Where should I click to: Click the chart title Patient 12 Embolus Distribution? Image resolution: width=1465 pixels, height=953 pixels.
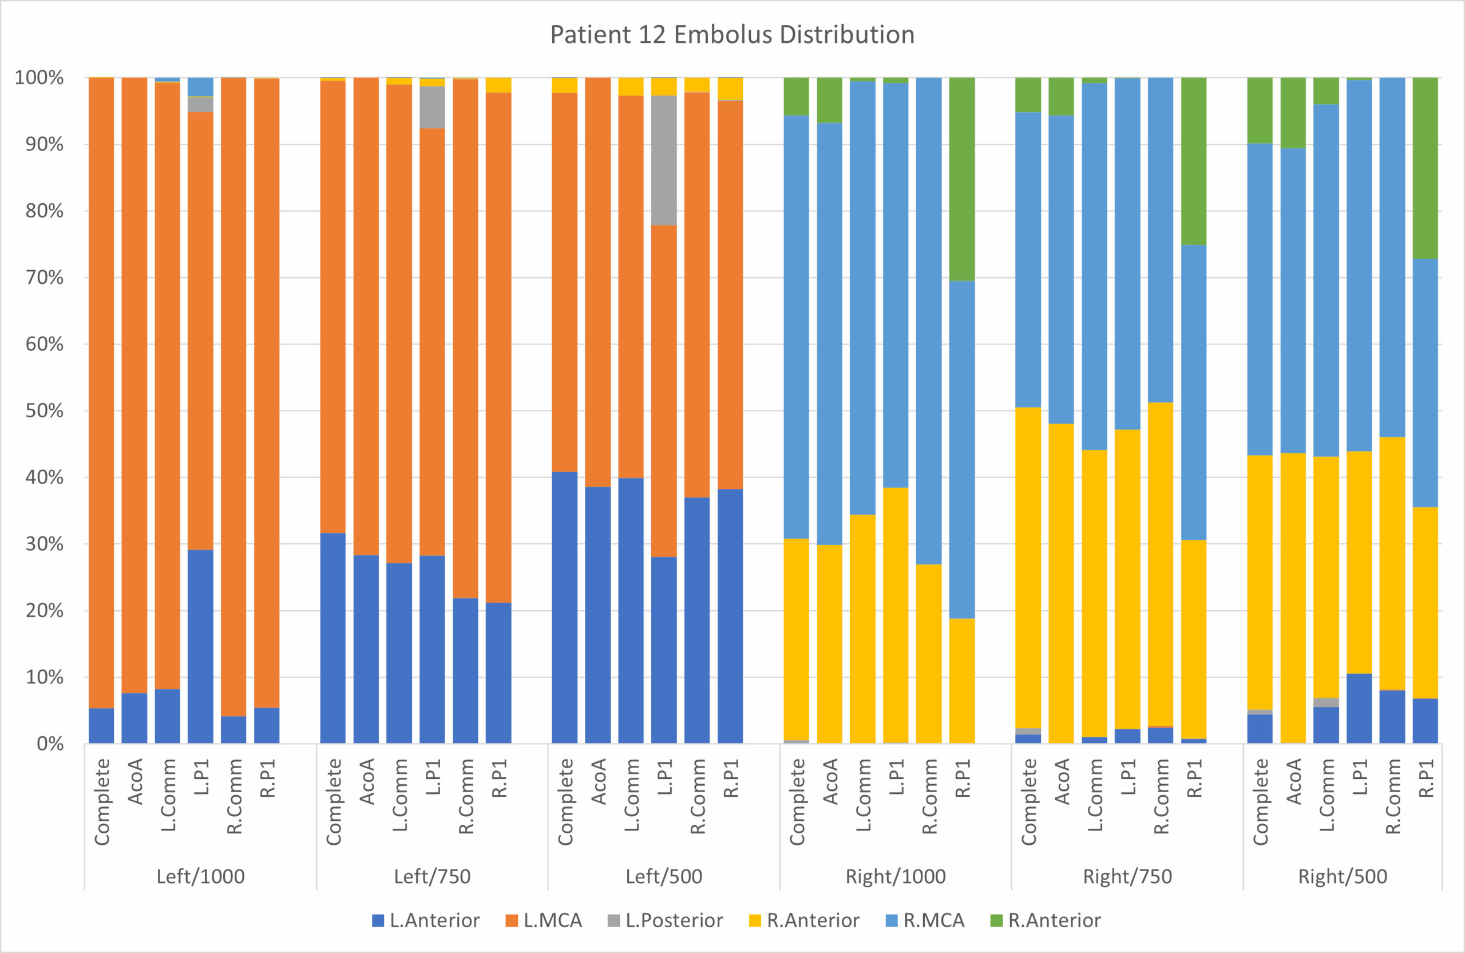tap(732, 34)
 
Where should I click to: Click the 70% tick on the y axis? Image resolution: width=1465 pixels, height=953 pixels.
tap(44, 278)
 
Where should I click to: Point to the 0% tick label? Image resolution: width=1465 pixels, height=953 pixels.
tap(50, 744)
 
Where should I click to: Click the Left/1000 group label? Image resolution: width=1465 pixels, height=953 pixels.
tap(201, 876)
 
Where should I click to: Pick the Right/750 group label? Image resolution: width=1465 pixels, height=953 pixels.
tap(1127, 876)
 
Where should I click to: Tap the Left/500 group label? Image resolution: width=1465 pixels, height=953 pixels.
tap(664, 876)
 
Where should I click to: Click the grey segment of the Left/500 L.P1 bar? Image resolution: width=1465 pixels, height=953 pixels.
tap(664, 160)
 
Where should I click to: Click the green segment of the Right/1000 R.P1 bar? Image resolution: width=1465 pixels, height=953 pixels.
tap(961, 179)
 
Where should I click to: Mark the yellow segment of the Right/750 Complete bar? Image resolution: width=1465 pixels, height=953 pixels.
tap(1028, 567)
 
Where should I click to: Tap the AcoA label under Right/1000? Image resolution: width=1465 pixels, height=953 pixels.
tap(830, 782)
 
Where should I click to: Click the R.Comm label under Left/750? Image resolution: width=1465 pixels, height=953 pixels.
tap(466, 797)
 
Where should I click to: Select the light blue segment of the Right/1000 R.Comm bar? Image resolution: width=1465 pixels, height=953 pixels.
tap(928, 320)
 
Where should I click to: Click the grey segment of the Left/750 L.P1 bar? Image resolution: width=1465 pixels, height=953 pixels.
tap(432, 107)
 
